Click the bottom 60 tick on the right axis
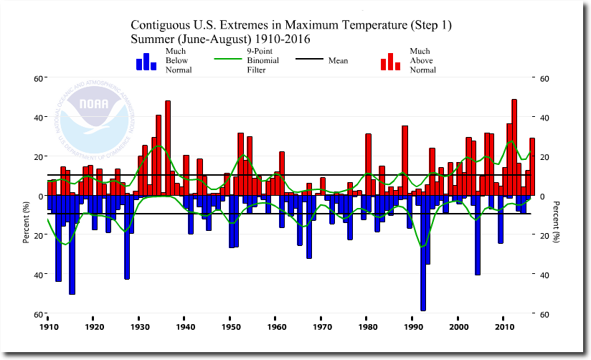click(544, 314)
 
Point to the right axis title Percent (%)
click(557, 223)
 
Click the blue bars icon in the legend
click(146, 62)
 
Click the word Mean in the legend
click(338, 61)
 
